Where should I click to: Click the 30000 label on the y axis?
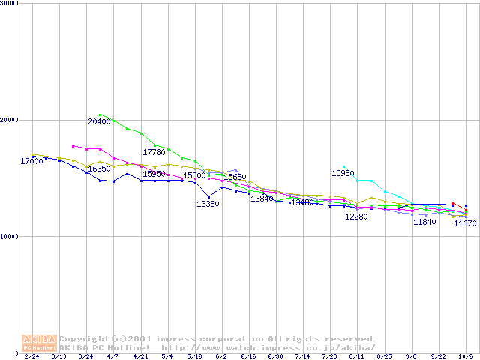click(x=10, y=4)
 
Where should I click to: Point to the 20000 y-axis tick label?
click(x=10, y=120)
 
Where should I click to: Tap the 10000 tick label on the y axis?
click(x=10, y=236)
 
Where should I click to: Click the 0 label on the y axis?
click(x=17, y=352)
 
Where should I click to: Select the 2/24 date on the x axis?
click(x=32, y=357)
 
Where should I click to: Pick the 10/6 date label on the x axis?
click(x=466, y=357)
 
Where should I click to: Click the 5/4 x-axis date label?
click(x=167, y=357)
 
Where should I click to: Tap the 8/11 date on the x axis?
click(x=356, y=357)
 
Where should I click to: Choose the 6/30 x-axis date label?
click(x=275, y=357)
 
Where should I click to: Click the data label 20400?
click(x=99, y=121)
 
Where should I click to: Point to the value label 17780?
click(x=154, y=152)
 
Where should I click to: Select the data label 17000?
click(x=31, y=161)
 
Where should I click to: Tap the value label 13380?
click(x=208, y=204)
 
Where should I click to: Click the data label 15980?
click(x=343, y=173)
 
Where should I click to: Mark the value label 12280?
click(x=356, y=217)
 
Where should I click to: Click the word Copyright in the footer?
click(x=84, y=338)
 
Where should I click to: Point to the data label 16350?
click(x=100, y=169)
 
